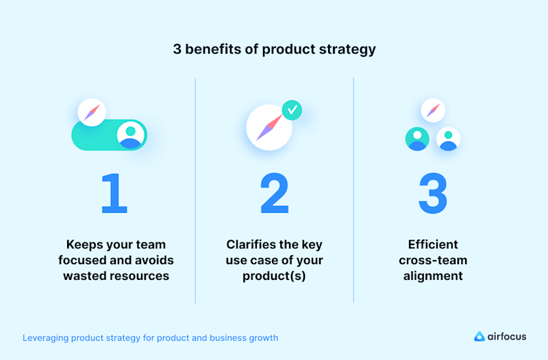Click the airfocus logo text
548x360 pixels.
(507, 337)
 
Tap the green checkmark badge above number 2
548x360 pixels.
(292, 110)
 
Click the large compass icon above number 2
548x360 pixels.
(269, 128)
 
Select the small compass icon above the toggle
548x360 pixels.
(92, 112)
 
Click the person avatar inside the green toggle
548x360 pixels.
(131, 134)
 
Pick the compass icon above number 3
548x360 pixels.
(432, 110)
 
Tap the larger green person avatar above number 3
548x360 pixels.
(416, 138)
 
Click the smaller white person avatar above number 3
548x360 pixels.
(449, 138)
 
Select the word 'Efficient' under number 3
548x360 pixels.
(432, 244)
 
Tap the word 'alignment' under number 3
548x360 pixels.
(432, 276)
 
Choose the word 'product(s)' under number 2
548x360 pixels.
(274, 276)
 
